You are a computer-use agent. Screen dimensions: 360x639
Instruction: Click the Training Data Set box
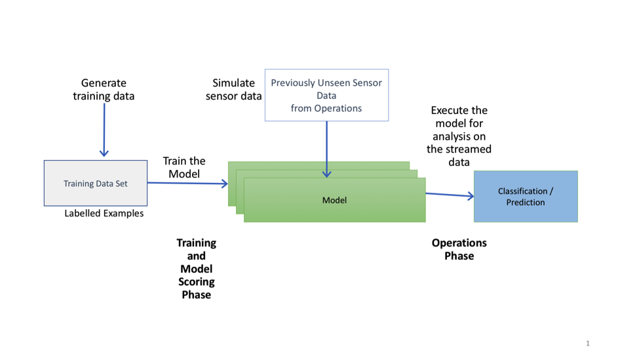[x=96, y=184]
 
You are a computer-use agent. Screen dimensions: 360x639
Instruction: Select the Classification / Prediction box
[x=526, y=197]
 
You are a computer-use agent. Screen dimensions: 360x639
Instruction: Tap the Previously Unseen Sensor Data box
[x=326, y=95]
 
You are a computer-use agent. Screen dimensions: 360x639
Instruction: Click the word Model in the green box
[x=334, y=200]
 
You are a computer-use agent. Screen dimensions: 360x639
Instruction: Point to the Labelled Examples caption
[x=104, y=213]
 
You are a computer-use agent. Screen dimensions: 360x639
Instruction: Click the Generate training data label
[x=104, y=89]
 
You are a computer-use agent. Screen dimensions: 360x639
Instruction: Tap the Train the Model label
[x=184, y=167]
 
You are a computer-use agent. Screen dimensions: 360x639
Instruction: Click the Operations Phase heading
[x=459, y=249]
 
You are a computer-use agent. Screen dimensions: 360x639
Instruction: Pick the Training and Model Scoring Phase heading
[x=196, y=268]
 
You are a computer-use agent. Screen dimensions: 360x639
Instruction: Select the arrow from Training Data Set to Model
[x=187, y=184]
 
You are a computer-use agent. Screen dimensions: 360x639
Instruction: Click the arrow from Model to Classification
[x=450, y=195]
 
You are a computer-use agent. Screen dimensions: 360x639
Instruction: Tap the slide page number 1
[x=588, y=344]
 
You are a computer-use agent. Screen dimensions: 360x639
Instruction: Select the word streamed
[x=459, y=149]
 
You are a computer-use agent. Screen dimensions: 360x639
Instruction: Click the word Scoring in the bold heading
[x=196, y=281]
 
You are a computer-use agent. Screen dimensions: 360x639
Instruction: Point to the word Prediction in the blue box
[x=526, y=203]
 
